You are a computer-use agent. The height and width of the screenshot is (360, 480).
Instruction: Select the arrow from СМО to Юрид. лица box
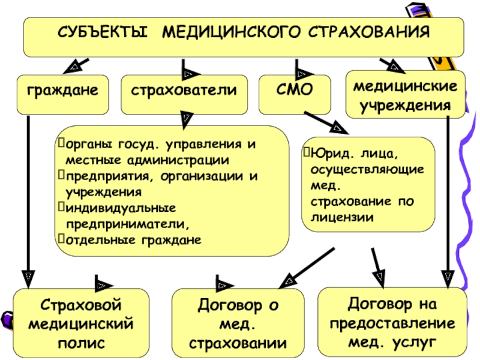[x=327, y=122]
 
